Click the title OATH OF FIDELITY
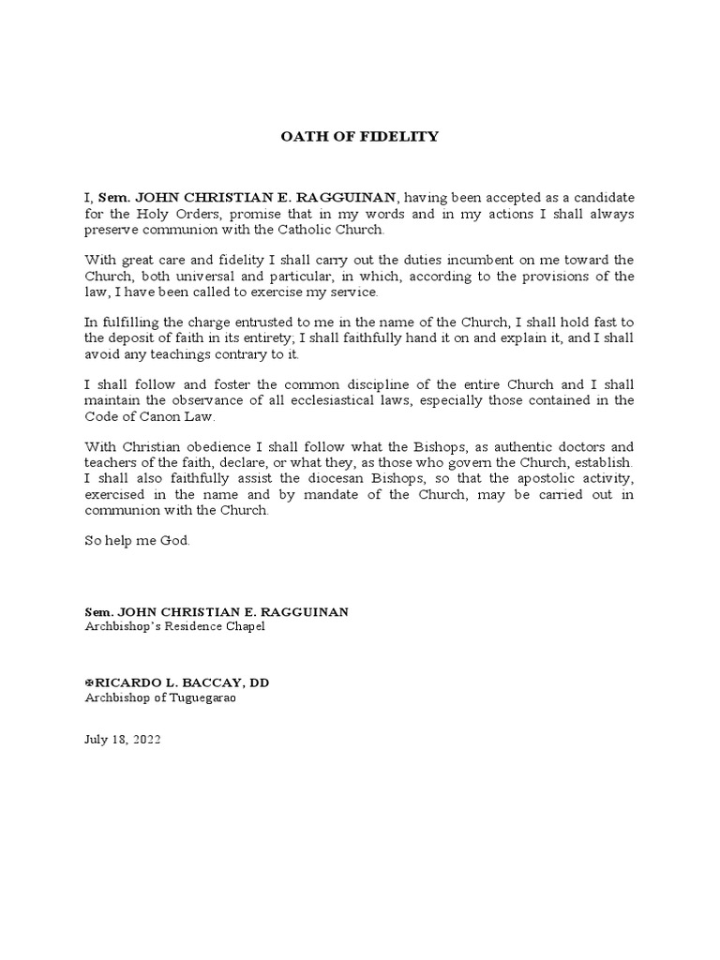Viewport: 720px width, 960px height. click(x=360, y=137)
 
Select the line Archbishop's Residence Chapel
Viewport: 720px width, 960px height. click(x=174, y=626)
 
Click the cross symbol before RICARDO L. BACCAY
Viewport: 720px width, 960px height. click(x=89, y=682)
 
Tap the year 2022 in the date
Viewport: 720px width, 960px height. click(x=146, y=739)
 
